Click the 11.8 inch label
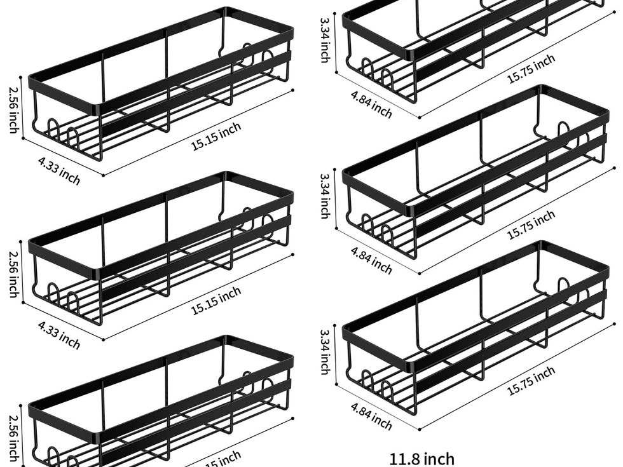[422, 458]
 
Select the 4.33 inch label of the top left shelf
[59, 171]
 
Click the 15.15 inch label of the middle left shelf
[216, 301]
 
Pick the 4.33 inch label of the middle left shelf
[59, 335]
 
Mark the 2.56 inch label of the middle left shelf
[13, 274]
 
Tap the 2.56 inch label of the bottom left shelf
[13, 438]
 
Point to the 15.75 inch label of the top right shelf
[531, 69]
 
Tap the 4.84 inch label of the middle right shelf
[371, 260]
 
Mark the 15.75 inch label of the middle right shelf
[531, 225]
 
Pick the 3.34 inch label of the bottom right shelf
[324, 351]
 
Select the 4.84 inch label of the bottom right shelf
[371, 416]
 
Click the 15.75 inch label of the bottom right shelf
[531, 381]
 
